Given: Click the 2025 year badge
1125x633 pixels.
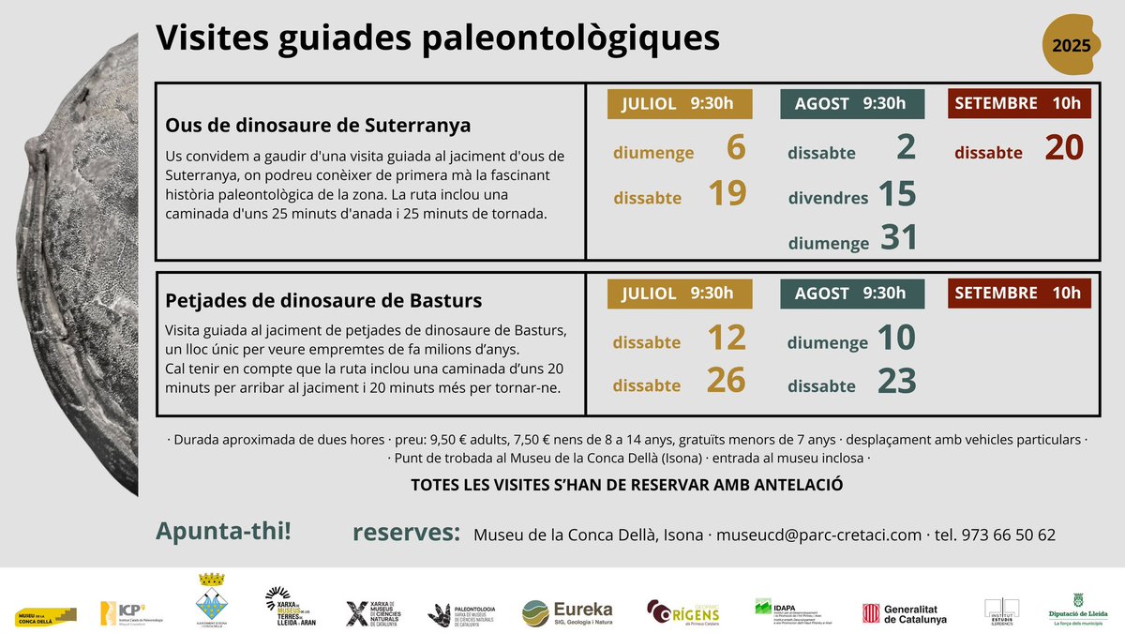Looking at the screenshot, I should click(x=1071, y=45).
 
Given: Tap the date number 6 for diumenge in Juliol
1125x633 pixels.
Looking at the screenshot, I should click(x=735, y=148).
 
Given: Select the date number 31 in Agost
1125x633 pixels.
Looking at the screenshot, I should click(x=898, y=238).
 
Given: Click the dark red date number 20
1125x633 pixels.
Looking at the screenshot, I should click(x=1063, y=148).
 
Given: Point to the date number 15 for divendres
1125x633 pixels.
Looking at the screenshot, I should click(x=896, y=194).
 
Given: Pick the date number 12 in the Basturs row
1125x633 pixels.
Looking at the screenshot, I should click(x=727, y=339).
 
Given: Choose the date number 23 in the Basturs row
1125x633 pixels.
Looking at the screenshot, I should click(x=897, y=382).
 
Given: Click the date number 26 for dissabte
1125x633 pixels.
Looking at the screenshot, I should click(x=727, y=382).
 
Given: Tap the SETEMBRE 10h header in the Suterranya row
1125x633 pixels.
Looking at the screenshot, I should click(x=1019, y=103).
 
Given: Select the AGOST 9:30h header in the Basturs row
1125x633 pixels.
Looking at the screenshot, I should click(x=852, y=294).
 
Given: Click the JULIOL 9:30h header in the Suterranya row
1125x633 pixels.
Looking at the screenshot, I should click(x=679, y=103).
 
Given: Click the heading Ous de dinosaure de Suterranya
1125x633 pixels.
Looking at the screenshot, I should click(x=318, y=125).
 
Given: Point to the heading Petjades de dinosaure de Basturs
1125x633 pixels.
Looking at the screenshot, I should click(x=323, y=301).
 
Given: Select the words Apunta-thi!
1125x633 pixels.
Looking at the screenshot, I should click(x=223, y=532).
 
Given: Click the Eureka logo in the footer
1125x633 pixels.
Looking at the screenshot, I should click(x=567, y=612).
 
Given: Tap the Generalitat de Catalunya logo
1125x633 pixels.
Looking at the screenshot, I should click(x=905, y=613).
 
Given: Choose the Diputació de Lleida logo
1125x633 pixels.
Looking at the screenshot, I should click(x=1077, y=610).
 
